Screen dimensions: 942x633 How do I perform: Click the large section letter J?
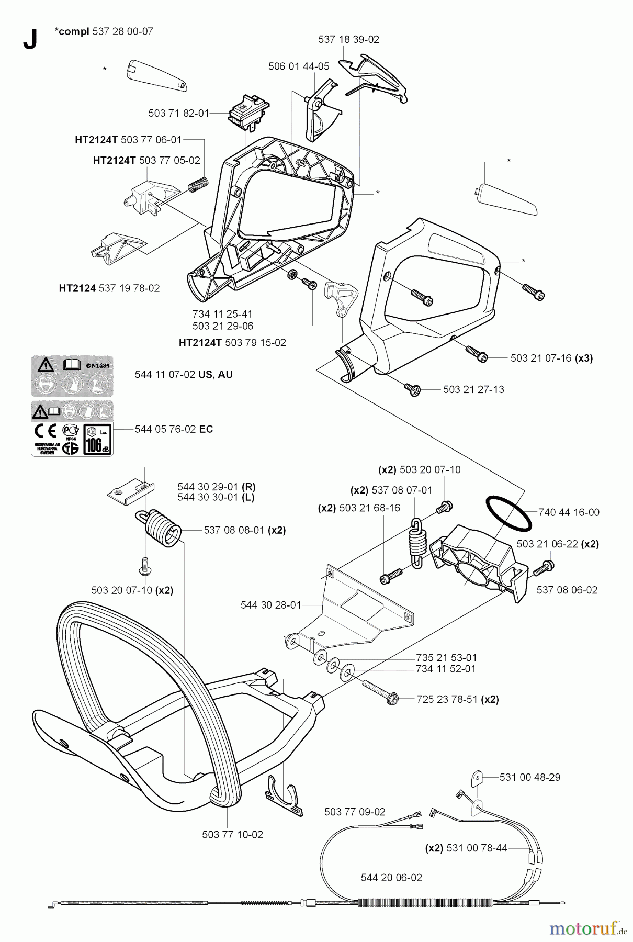[30, 39]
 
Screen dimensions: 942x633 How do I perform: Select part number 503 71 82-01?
[179, 113]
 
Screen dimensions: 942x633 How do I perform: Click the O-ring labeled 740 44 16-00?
[508, 513]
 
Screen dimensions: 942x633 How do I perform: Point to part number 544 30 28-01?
[271, 605]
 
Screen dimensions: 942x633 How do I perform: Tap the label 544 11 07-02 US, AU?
[184, 375]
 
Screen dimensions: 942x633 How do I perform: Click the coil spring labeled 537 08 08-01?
[163, 528]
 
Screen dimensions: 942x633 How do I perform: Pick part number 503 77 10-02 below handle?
[232, 835]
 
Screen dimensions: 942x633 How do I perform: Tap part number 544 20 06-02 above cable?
[391, 878]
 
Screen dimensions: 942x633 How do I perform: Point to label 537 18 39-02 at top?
[348, 39]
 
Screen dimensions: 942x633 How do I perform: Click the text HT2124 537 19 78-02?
[109, 288]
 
